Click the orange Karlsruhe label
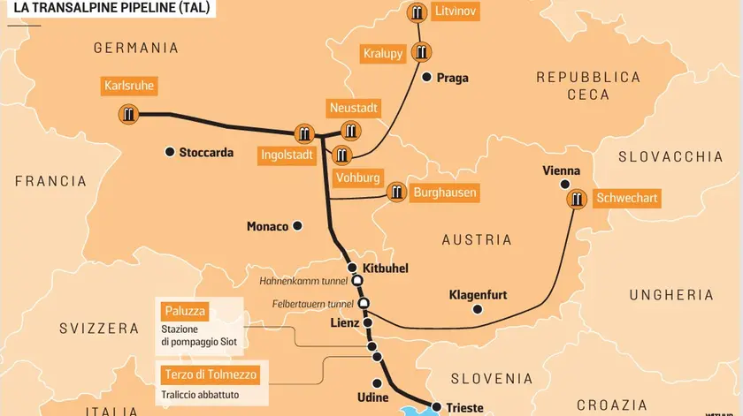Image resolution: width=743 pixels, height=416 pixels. pyautogui.click(x=129, y=87)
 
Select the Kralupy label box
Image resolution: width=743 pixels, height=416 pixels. pyautogui.click(x=383, y=54)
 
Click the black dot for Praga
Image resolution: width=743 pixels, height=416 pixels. pyautogui.click(x=426, y=78)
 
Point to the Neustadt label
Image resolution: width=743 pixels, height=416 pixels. pyautogui.click(x=353, y=108)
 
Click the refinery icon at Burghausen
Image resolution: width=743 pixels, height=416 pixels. pyautogui.click(x=396, y=193)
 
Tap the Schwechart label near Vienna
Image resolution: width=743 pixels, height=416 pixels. pyautogui.click(x=626, y=198)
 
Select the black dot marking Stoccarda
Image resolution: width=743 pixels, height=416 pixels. pyautogui.click(x=169, y=152)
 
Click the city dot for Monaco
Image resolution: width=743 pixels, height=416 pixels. pyautogui.click(x=298, y=226)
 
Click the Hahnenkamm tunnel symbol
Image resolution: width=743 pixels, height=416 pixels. pyautogui.click(x=357, y=281)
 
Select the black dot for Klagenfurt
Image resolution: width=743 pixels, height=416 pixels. pyautogui.click(x=478, y=310)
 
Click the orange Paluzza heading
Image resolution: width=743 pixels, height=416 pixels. pyautogui.click(x=185, y=311)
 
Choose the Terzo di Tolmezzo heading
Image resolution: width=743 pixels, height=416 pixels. pyautogui.click(x=208, y=374)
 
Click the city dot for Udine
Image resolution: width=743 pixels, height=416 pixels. pyautogui.click(x=379, y=383)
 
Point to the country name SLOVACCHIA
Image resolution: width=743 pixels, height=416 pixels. pyautogui.click(x=670, y=156)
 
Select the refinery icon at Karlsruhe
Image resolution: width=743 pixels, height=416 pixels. pyautogui.click(x=129, y=113)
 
